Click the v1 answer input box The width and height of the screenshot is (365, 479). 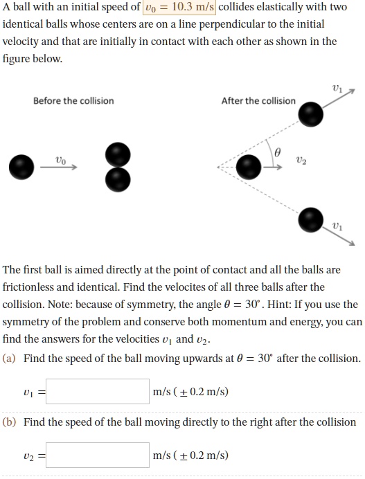point(98,392)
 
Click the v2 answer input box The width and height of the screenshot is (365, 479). point(98,455)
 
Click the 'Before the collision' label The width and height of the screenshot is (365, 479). point(73,100)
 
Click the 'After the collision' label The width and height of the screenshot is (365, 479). point(258,100)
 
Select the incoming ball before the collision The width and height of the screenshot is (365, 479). point(23,166)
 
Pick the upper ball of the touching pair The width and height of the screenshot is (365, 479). point(118,154)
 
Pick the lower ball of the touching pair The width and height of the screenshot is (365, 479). point(118,179)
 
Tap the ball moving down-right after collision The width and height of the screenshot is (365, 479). point(310,219)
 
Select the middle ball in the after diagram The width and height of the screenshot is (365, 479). point(249,166)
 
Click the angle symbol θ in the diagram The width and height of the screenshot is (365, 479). point(278,152)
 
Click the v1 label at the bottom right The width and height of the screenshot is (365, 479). point(337,226)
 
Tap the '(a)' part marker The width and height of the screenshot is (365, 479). point(11,359)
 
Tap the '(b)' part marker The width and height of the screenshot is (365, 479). point(11,422)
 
